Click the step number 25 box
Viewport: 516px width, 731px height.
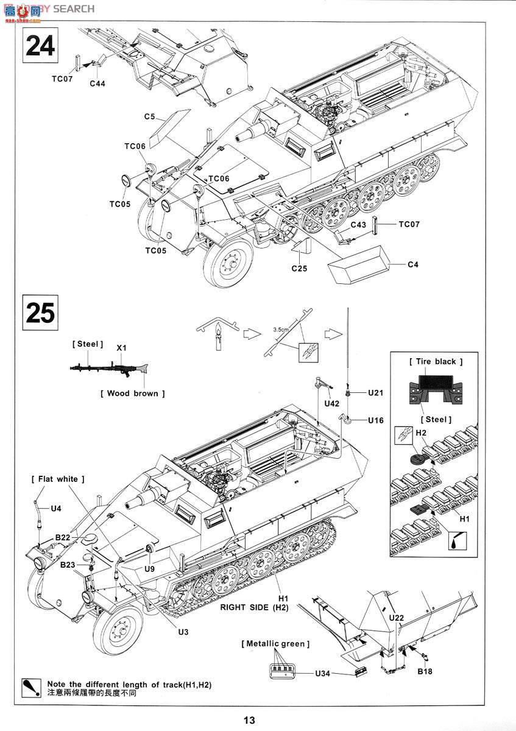[x=41, y=313]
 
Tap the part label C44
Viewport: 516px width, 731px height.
[x=97, y=83]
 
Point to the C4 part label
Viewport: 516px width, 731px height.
[x=412, y=264]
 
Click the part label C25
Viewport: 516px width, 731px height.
[x=299, y=268]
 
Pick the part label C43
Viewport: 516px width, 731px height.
[x=359, y=225]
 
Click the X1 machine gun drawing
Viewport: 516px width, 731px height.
[x=110, y=368]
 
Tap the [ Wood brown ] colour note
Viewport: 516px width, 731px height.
[x=132, y=394]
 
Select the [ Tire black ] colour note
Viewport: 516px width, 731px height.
[x=436, y=361]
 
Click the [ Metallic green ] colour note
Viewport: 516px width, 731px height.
[x=275, y=643]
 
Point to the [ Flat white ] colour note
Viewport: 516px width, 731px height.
[x=57, y=479]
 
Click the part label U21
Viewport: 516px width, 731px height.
[x=375, y=393]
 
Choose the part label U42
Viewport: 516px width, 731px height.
[x=332, y=404]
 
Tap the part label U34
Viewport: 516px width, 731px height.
[x=323, y=674]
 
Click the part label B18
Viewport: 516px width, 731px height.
[x=425, y=672]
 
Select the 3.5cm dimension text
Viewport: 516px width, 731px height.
[x=280, y=330]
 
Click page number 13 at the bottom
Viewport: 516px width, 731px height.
[x=249, y=720]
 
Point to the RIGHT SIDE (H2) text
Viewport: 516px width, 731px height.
[x=255, y=607]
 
